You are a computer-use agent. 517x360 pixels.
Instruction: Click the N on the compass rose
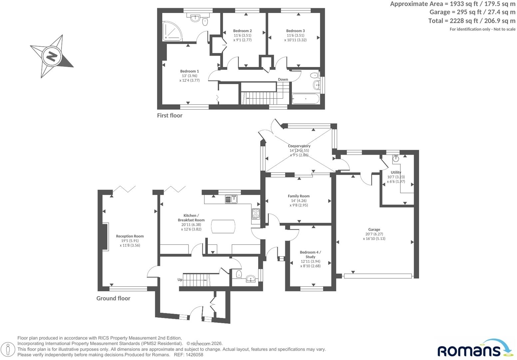click(52, 56)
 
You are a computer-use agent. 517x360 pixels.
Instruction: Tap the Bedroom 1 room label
click(190, 71)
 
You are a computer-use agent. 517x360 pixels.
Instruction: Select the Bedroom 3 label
click(295, 31)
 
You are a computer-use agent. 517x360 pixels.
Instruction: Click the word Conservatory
click(299, 146)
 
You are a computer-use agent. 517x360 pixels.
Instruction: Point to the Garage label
click(374, 230)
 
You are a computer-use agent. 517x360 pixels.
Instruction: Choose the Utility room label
click(396, 172)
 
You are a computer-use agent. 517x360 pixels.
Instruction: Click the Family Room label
click(299, 196)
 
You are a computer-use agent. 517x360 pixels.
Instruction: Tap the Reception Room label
click(130, 236)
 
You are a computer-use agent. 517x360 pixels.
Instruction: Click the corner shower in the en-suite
click(172, 31)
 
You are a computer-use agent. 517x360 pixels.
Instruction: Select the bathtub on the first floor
click(306, 99)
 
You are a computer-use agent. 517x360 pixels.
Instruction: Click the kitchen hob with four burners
click(256, 214)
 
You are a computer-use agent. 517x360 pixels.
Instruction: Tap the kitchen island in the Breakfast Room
click(223, 226)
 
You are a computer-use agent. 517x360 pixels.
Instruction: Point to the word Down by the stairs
click(283, 79)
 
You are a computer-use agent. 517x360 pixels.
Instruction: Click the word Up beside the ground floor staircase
click(180, 280)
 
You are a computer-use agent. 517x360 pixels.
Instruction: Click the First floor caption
click(170, 115)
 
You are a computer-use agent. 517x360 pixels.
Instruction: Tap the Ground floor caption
click(113, 298)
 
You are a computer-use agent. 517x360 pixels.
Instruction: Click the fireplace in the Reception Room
click(105, 236)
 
